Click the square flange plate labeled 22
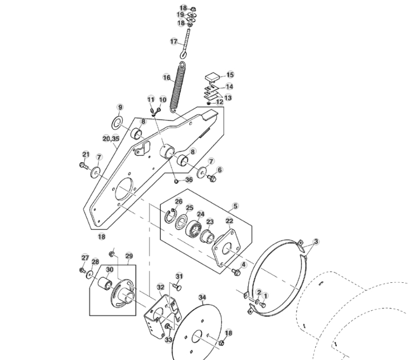tap(224, 248)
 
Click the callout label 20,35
tap(111, 139)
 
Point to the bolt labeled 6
tap(213, 179)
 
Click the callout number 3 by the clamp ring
tap(316, 242)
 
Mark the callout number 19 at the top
tap(180, 15)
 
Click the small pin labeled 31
tap(177, 286)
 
